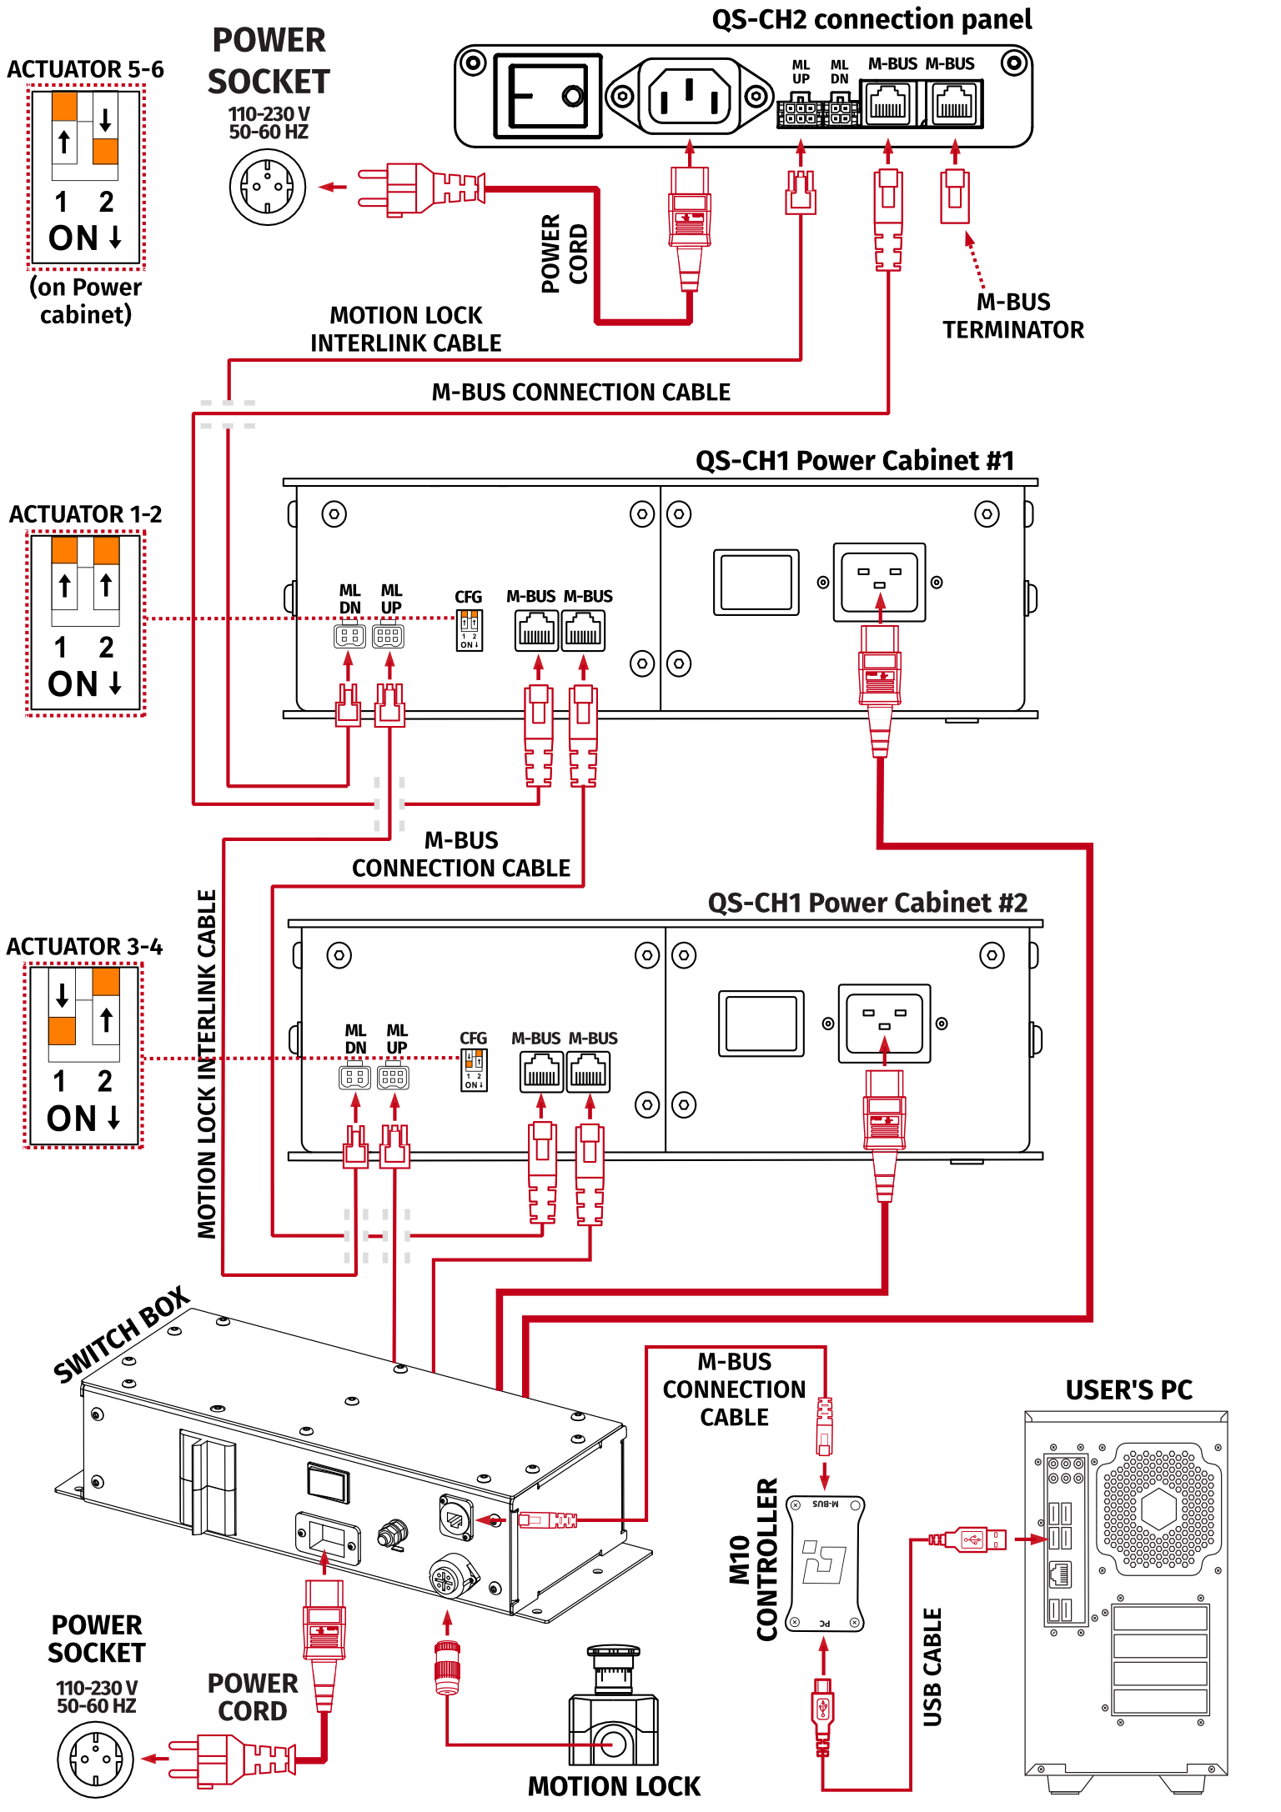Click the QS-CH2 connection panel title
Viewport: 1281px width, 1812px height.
[x=871, y=19]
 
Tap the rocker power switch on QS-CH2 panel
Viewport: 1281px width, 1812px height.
[x=548, y=95]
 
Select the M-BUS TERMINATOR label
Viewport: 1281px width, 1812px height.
[x=1012, y=316]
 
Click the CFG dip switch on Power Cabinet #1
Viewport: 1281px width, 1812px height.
[x=470, y=629]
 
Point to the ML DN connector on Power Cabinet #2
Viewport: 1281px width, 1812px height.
[x=354, y=1077]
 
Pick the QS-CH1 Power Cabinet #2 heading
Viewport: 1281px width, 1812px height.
[x=867, y=903]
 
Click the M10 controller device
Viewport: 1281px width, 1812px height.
[x=824, y=1563]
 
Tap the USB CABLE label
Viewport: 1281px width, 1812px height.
[x=932, y=1667]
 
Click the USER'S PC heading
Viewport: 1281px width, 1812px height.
[x=1128, y=1390]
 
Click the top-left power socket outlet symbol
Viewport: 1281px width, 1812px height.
[x=268, y=188]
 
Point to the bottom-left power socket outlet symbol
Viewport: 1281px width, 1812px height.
[x=95, y=1759]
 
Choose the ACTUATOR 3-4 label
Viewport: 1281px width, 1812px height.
[x=84, y=947]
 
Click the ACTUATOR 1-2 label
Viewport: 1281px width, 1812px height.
[x=85, y=514]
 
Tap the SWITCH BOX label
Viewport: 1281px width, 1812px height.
[x=122, y=1334]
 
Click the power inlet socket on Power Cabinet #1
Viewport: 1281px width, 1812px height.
[x=879, y=581]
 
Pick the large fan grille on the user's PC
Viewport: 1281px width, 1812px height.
[x=1158, y=1509]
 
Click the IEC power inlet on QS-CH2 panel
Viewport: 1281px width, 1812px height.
[x=689, y=96]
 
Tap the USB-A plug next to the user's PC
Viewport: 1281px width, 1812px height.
[x=972, y=1539]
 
